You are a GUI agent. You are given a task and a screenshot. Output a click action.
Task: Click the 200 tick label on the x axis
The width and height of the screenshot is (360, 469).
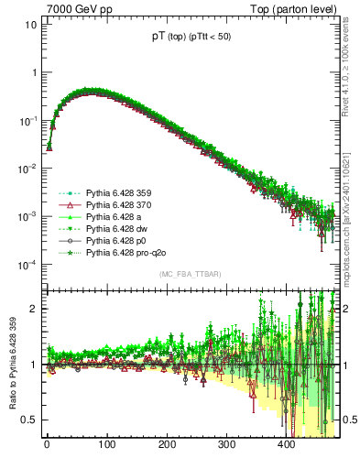[x=166, y=445]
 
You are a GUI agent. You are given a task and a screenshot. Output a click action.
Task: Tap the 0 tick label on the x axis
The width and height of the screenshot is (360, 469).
[x=47, y=445]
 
